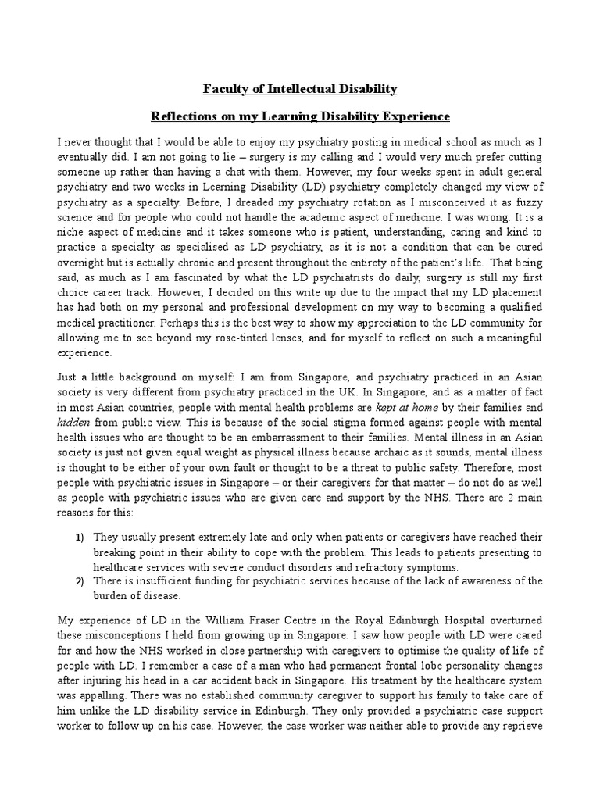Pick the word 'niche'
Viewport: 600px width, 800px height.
72,233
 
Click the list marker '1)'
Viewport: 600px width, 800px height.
80,537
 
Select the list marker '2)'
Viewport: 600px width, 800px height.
80,581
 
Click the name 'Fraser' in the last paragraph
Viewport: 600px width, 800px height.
284,620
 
